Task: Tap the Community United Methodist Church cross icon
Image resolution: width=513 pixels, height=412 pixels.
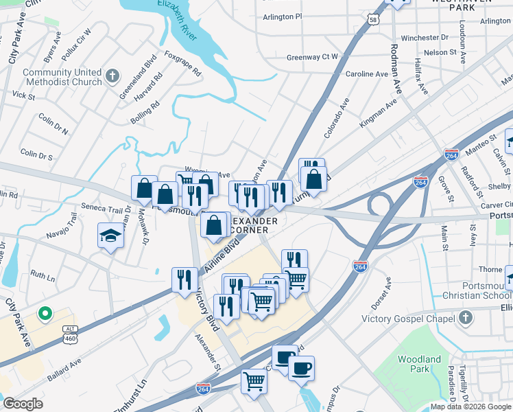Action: [113, 75]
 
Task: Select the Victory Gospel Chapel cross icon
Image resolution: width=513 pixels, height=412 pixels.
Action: [466, 317]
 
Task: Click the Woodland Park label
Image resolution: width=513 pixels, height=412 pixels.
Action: [419, 364]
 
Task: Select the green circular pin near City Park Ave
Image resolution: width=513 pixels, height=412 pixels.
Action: [45, 314]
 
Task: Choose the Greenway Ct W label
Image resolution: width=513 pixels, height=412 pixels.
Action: [312, 57]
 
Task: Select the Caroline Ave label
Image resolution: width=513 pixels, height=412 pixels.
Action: [366, 73]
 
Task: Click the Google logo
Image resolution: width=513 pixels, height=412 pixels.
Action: [23, 403]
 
